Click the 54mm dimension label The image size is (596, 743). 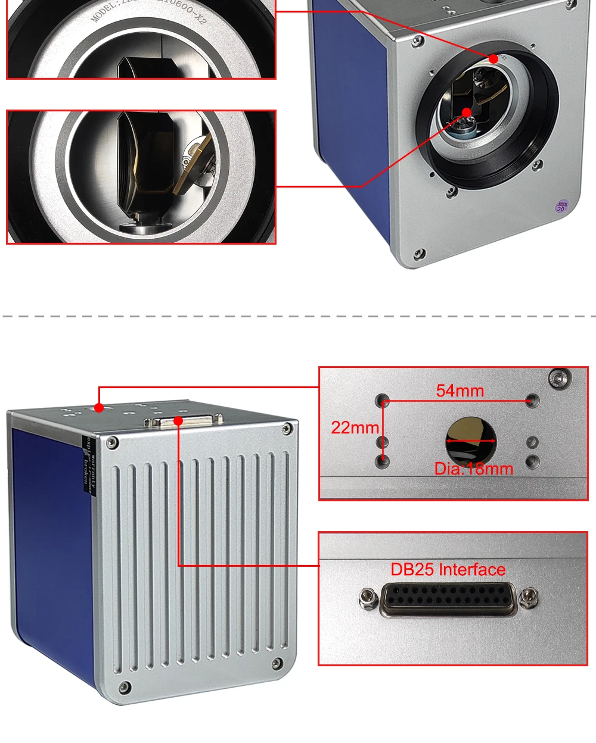460,391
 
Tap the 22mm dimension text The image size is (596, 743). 355,427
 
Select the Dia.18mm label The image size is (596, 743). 474,469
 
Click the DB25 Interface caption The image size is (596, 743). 448,570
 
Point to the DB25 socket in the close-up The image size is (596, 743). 448,600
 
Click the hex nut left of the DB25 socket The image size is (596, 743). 368,598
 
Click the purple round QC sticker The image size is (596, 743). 561,207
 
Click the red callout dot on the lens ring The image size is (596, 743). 493,58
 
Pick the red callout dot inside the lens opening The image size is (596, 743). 467,112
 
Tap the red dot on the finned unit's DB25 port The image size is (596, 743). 178,422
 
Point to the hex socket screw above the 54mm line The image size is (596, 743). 559,377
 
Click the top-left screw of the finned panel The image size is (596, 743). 111,443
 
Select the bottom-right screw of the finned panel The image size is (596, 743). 277,663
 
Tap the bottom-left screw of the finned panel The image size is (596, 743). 124,688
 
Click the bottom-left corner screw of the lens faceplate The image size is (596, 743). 420,254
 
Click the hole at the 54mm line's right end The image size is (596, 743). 532,401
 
